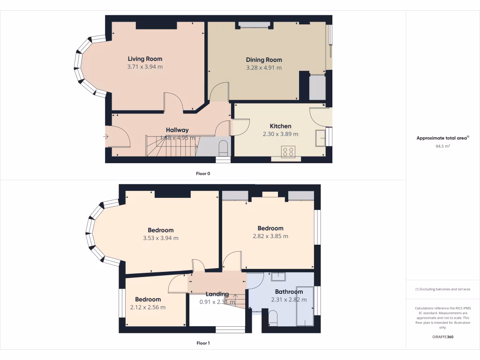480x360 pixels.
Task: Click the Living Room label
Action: [x=145, y=59]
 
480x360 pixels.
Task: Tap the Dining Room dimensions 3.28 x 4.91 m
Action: [x=264, y=67]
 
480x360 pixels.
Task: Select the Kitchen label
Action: [x=280, y=126]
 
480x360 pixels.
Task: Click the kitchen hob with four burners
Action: [x=287, y=151]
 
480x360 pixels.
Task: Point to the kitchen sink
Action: [x=321, y=137]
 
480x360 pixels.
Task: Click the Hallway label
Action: [x=177, y=130]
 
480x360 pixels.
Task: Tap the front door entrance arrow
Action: [x=106, y=137]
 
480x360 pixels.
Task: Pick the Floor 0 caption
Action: [x=203, y=173]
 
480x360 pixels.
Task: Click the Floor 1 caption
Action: [x=203, y=343]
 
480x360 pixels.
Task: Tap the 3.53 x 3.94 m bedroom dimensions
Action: [x=161, y=238]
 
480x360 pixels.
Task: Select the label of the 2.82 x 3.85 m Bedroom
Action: [x=270, y=228]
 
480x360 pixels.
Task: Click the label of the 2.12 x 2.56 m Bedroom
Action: [x=148, y=300]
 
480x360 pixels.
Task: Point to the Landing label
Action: [x=217, y=294]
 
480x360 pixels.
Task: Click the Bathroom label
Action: [x=289, y=292]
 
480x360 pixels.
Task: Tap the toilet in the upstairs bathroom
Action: [x=273, y=320]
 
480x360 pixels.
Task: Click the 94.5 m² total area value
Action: [x=442, y=146]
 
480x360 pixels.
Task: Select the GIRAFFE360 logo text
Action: [x=442, y=337]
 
